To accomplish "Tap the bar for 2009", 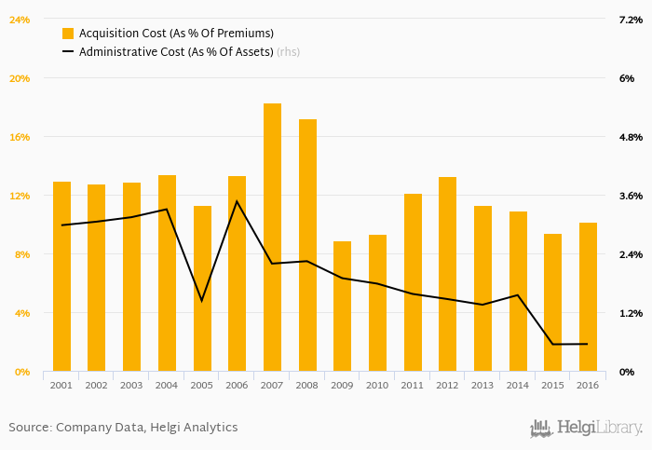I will click(x=342, y=307).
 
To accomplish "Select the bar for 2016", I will click(x=588, y=297).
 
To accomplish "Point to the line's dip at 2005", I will click(x=202, y=301).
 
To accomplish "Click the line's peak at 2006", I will click(x=237, y=201).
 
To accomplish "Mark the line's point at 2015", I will click(x=552, y=345).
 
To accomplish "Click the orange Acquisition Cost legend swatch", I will click(x=68, y=34).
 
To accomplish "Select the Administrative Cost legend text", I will click(x=176, y=52).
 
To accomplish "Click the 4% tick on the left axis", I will click(x=21, y=313).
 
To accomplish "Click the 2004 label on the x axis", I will click(x=167, y=386).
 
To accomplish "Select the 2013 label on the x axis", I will click(x=482, y=386).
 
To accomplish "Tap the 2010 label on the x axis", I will click(x=377, y=386).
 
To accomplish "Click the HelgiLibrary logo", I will click(x=586, y=428).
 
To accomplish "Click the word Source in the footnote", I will click(x=29, y=428).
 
